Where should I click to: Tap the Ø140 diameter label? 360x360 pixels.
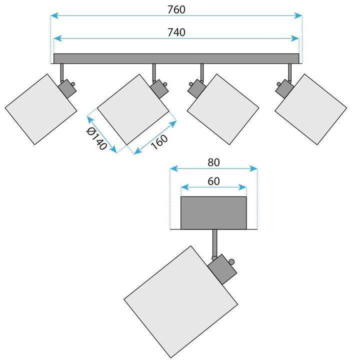[96, 138]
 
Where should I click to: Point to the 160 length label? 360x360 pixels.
[159, 142]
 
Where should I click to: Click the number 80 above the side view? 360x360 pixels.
[213, 162]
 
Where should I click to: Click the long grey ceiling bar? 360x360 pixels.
[176, 58]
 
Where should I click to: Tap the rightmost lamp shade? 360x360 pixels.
[311, 110]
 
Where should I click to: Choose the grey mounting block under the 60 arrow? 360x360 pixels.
[213, 213]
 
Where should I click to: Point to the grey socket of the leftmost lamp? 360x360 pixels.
[66, 90]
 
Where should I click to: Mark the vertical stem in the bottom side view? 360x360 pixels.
[215, 243]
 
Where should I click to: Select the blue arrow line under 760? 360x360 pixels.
[176, 16]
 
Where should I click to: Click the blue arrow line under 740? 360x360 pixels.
[176, 38]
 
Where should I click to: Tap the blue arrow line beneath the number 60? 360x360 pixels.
[213, 187]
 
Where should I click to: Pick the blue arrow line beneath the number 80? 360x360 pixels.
[213, 169]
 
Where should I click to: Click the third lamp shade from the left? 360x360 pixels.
[223, 110]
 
